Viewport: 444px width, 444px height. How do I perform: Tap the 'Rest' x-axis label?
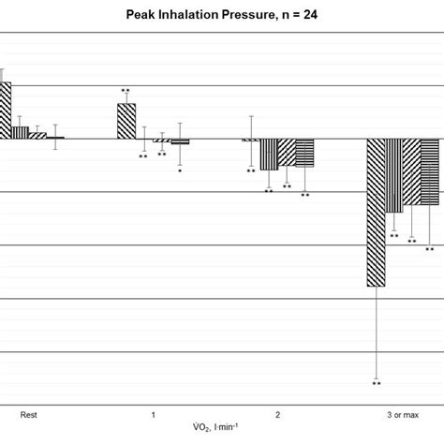29,413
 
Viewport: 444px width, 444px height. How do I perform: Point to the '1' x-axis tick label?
154,413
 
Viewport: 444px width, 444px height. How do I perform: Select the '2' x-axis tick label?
278,413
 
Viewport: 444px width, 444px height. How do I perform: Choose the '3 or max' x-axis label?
403,413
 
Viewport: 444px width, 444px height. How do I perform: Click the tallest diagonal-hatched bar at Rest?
5,111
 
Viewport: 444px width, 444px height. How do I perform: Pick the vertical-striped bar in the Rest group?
21,132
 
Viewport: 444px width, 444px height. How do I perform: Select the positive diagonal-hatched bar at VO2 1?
126,121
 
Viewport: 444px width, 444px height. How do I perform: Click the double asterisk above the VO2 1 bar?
126,91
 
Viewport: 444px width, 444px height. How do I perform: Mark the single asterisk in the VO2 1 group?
180,171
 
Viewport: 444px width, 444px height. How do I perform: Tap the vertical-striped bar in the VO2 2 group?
269,154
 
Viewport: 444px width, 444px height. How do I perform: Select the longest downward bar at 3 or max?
377,212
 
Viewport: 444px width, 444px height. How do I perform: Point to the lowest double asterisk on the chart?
377,383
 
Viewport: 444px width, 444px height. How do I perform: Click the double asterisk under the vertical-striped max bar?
394,236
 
